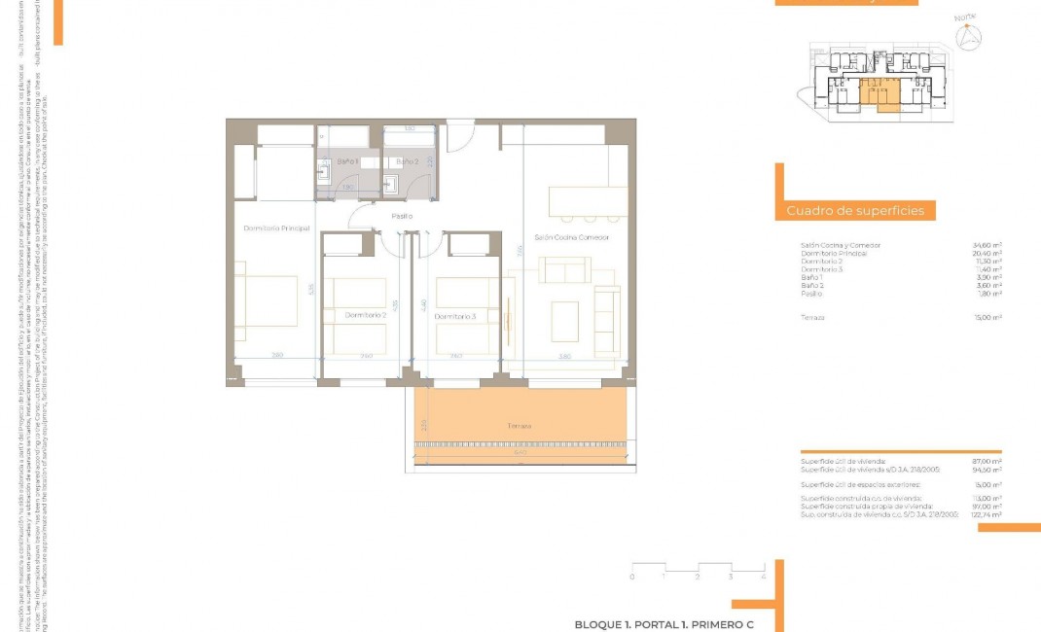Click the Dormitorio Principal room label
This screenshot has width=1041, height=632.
click(x=276, y=228)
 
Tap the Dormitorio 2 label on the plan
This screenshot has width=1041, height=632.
click(x=366, y=315)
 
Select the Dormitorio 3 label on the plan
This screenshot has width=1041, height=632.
click(x=455, y=316)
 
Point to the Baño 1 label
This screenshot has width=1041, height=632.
click(x=348, y=160)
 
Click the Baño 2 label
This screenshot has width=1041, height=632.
click(x=407, y=160)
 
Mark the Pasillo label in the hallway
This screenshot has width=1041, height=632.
click(x=402, y=216)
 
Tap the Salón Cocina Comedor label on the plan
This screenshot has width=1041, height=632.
click(x=571, y=237)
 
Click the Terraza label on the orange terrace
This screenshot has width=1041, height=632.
click(x=519, y=426)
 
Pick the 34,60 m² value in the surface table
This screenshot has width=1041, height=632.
click(x=987, y=245)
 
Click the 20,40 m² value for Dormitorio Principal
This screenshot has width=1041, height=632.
click(x=987, y=253)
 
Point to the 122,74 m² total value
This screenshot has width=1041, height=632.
click(x=987, y=514)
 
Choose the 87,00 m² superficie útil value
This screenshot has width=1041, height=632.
click(x=987, y=461)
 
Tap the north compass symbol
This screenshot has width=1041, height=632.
click(x=967, y=37)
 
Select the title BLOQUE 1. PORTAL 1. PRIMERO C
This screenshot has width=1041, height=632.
click(x=664, y=624)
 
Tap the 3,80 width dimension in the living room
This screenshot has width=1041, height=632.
click(x=565, y=357)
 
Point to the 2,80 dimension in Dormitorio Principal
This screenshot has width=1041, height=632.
click(x=277, y=356)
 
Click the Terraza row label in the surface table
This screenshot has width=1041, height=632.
click(x=812, y=317)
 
